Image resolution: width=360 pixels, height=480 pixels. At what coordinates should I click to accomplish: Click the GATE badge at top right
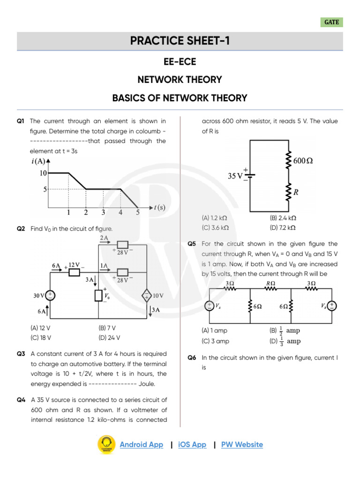click(x=331, y=22)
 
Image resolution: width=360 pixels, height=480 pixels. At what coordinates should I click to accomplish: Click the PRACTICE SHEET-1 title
click(x=180, y=41)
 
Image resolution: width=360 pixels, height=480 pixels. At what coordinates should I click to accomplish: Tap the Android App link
click(x=141, y=444)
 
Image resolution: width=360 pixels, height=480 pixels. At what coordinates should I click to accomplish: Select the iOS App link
click(x=192, y=444)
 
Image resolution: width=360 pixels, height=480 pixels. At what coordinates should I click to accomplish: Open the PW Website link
click(x=242, y=444)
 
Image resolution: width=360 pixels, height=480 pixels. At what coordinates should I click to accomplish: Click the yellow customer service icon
click(x=106, y=444)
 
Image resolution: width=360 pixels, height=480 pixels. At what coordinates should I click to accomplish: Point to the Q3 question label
click(x=21, y=354)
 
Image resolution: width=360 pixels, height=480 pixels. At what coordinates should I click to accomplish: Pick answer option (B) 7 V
click(x=107, y=328)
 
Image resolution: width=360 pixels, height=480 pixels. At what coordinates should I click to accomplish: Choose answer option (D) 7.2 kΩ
click(x=283, y=227)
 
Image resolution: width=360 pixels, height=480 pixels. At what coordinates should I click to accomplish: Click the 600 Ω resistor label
click(x=303, y=161)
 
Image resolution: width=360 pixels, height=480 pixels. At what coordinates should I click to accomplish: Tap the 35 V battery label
click(x=235, y=176)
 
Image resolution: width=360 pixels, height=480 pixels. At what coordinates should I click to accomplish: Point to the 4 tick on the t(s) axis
click(x=120, y=212)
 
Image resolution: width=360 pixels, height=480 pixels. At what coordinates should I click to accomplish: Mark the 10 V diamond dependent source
click(x=146, y=295)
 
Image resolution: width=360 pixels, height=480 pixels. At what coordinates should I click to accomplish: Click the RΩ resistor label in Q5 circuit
click(x=270, y=284)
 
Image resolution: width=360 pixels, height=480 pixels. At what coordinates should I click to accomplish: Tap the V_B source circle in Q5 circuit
click(x=331, y=306)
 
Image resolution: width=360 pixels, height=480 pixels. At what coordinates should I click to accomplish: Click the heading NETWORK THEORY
click(x=180, y=80)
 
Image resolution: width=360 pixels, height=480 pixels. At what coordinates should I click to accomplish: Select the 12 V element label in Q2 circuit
click(x=74, y=265)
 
